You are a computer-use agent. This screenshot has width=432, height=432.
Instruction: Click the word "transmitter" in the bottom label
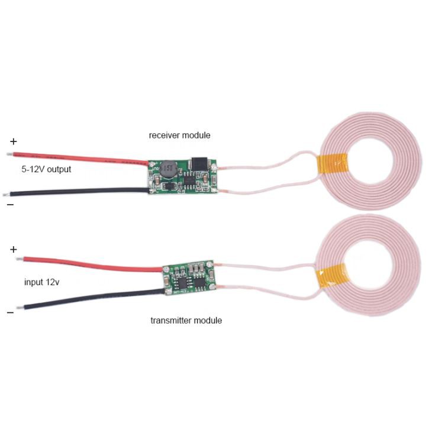click(171, 320)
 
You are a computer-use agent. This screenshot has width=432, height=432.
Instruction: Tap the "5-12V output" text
click(46, 169)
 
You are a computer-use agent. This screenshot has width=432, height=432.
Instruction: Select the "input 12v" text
click(41, 282)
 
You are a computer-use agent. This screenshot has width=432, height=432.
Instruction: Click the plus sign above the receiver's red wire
click(14, 141)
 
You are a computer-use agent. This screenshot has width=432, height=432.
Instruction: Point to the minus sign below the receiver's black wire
click(10, 204)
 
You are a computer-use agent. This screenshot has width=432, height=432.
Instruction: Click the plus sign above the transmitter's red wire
click(14, 250)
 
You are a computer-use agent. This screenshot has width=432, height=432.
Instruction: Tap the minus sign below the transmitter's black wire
click(10, 312)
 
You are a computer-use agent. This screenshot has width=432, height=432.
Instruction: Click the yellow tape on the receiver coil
click(331, 165)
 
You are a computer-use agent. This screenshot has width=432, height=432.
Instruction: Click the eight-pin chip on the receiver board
click(189, 180)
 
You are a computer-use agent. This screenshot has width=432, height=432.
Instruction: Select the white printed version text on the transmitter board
click(181, 292)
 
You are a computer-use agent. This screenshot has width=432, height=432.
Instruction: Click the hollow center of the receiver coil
click(372, 161)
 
